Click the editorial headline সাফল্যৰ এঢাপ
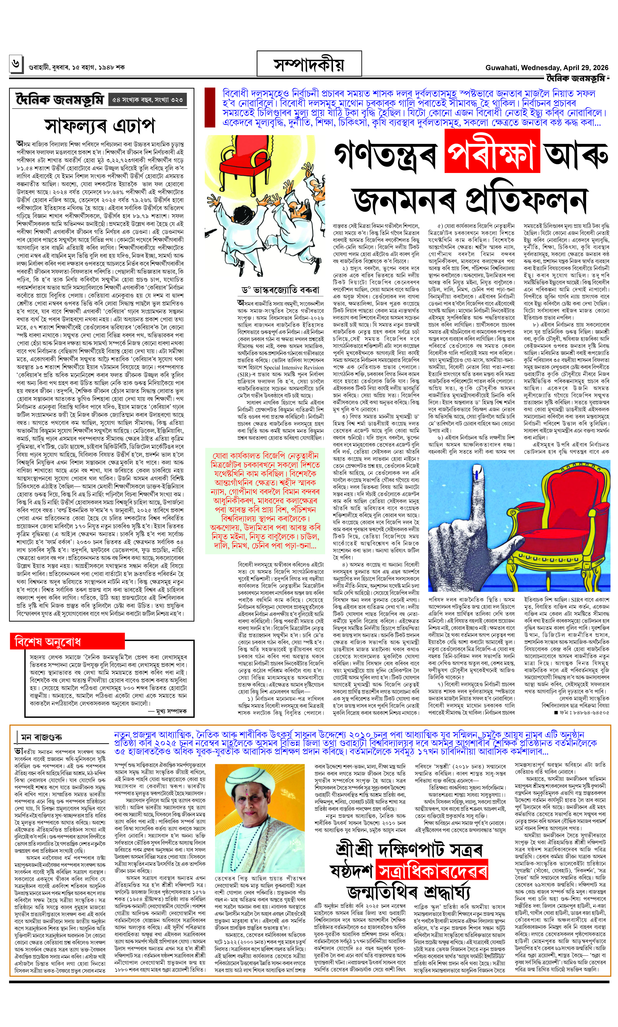[x=100, y=126]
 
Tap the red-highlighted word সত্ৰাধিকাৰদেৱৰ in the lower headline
[x=431, y=869]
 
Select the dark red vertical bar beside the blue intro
[x=210, y=107]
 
